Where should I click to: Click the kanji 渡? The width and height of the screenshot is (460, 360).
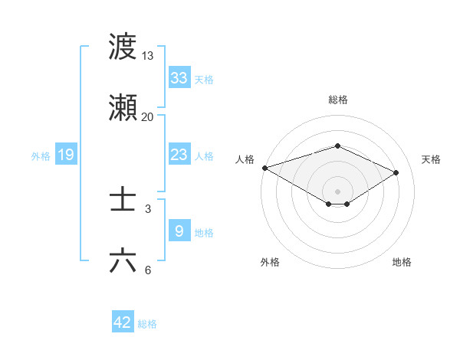[x=123, y=47]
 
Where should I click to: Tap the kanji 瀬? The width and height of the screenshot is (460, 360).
[x=123, y=108]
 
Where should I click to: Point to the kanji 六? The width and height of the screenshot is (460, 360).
[x=123, y=261]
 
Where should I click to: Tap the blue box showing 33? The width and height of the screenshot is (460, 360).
[x=179, y=78]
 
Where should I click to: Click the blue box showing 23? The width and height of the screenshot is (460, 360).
[x=179, y=155]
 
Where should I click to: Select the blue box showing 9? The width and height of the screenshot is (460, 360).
[x=179, y=231]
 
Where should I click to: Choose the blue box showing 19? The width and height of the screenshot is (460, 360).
[x=66, y=155]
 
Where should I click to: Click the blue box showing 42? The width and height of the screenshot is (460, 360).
[x=123, y=322]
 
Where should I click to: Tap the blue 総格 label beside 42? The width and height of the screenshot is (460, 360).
[x=147, y=324]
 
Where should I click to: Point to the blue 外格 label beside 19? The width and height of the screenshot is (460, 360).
[x=41, y=156]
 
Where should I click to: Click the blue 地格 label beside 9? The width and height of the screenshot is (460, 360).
[x=204, y=233]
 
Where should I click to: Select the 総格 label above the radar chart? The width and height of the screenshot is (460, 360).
[x=337, y=100]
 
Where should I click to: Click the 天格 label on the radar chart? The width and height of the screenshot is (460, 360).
[x=432, y=159]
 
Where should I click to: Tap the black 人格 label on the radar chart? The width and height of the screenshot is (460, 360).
[x=245, y=159]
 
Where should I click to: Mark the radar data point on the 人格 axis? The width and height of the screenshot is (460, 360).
[x=264, y=168]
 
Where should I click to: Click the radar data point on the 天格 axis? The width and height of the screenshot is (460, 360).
[x=396, y=172]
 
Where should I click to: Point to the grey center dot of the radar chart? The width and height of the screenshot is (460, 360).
[x=337, y=190]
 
